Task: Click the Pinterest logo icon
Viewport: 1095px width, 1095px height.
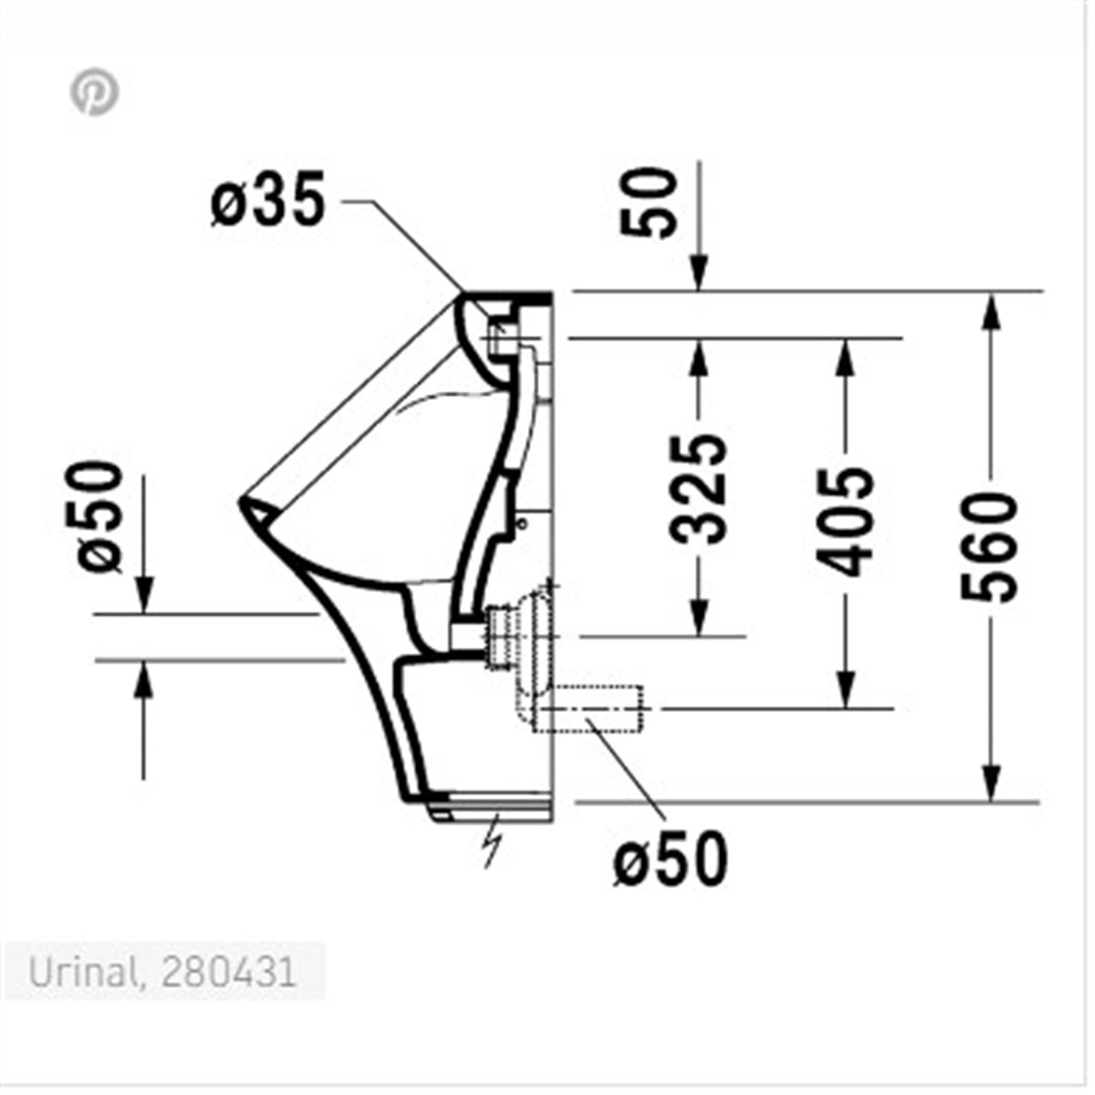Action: tap(95, 93)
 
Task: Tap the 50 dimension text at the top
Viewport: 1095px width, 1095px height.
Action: tap(649, 203)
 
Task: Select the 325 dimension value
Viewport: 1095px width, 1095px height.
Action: tap(699, 488)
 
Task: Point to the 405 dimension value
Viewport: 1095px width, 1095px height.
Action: tap(844, 522)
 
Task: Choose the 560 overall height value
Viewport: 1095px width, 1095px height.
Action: tap(989, 547)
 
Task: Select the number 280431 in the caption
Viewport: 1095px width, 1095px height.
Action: tap(228, 973)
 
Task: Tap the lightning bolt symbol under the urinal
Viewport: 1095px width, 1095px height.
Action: tap(493, 839)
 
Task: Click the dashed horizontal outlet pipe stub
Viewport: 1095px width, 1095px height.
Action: tap(593, 707)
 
